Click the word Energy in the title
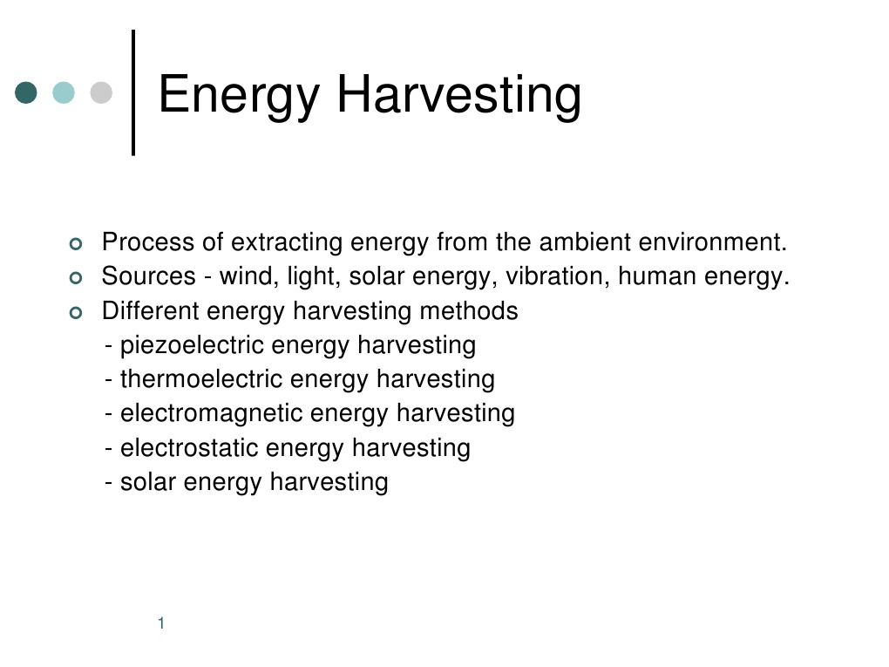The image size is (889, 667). (238, 95)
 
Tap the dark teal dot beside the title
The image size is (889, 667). (27, 92)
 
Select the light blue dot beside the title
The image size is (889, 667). (64, 92)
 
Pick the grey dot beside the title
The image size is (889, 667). (101, 92)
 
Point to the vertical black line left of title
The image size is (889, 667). (133, 92)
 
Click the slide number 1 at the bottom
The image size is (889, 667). (162, 623)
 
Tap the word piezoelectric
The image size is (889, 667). (192, 345)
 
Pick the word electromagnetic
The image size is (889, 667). (211, 413)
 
